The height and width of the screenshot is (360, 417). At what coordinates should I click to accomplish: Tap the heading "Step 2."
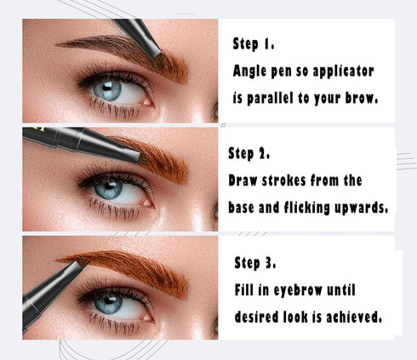click(x=249, y=154)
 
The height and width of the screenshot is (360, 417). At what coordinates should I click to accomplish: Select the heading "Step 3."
click(x=254, y=263)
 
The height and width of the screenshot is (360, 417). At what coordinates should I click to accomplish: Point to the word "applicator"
click(x=340, y=71)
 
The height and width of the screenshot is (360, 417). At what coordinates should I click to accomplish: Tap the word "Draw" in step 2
click(x=244, y=180)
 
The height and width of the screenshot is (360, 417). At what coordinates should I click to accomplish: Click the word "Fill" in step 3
click(x=248, y=290)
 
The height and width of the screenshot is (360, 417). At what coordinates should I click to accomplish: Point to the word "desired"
click(x=260, y=317)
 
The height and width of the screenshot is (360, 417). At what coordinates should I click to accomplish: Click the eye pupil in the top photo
click(x=106, y=89)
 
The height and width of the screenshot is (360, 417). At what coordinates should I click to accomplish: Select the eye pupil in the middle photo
click(x=108, y=189)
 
